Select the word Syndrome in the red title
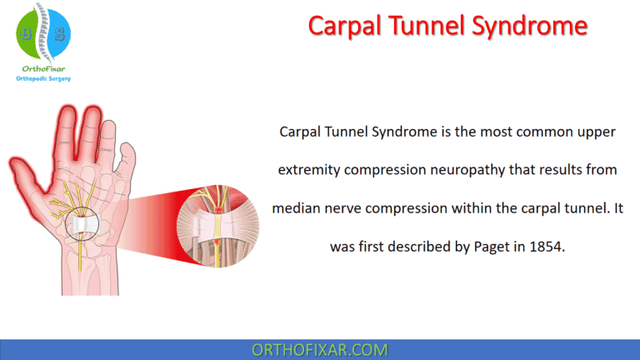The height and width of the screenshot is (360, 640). (526, 27)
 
